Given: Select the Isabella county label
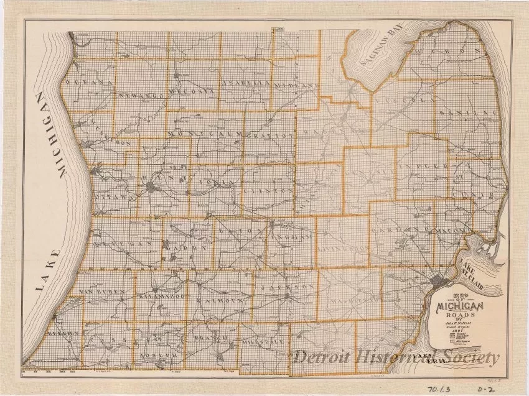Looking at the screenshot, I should [246, 83].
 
